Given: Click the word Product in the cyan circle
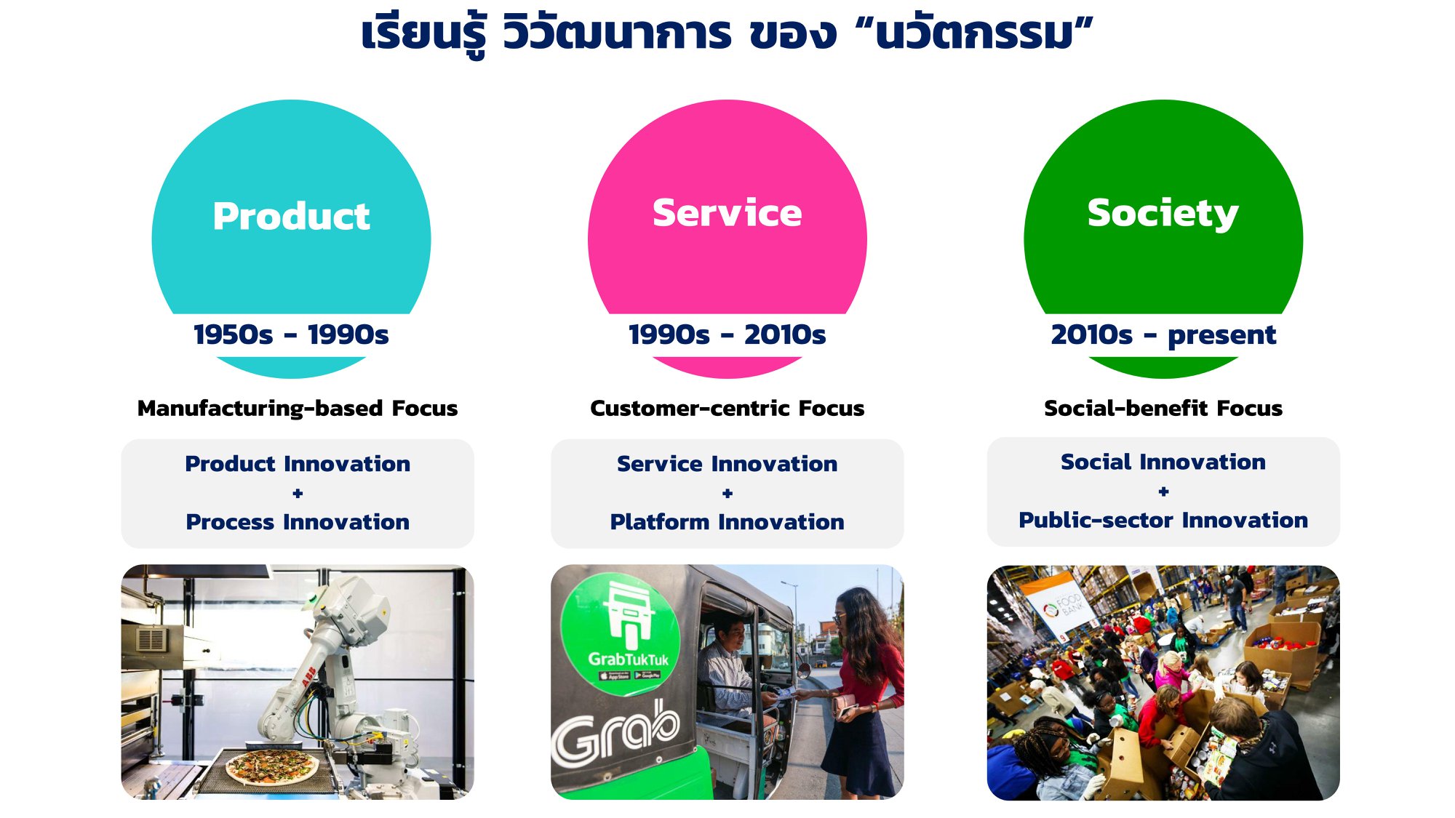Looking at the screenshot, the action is pyautogui.click(x=291, y=217).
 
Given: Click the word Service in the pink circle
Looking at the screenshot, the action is pyautogui.click(x=727, y=213).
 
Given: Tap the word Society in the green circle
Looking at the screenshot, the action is pyautogui.click(x=1163, y=214).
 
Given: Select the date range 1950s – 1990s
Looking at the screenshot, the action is pyautogui.click(x=291, y=334).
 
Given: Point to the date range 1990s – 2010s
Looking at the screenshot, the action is pyautogui.click(x=727, y=334).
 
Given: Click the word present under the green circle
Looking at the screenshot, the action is pyautogui.click(x=1221, y=336).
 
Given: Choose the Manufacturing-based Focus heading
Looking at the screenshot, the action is pyautogui.click(x=298, y=408).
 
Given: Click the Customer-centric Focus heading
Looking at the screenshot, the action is pyautogui.click(x=727, y=408).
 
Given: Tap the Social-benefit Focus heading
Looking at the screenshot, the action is pyautogui.click(x=1163, y=408).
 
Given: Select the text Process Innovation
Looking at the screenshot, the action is pyautogui.click(x=298, y=522).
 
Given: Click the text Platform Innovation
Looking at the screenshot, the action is pyautogui.click(x=727, y=522).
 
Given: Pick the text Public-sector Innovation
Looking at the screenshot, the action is pyautogui.click(x=1163, y=520).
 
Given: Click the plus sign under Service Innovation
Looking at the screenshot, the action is pyautogui.click(x=727, y=493).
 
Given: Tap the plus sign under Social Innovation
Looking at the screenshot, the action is pyautogui.click(x=1163, y=492).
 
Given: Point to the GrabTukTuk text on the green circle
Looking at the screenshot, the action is pyautogui.click(x=628, y=659).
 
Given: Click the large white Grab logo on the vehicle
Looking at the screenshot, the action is pyautogui.click(x=615, y=734).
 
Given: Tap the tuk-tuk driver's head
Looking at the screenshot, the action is pyautogui.click(x=730, y=635).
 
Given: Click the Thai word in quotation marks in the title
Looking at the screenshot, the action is pyautogui.click(x=974, y=34).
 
